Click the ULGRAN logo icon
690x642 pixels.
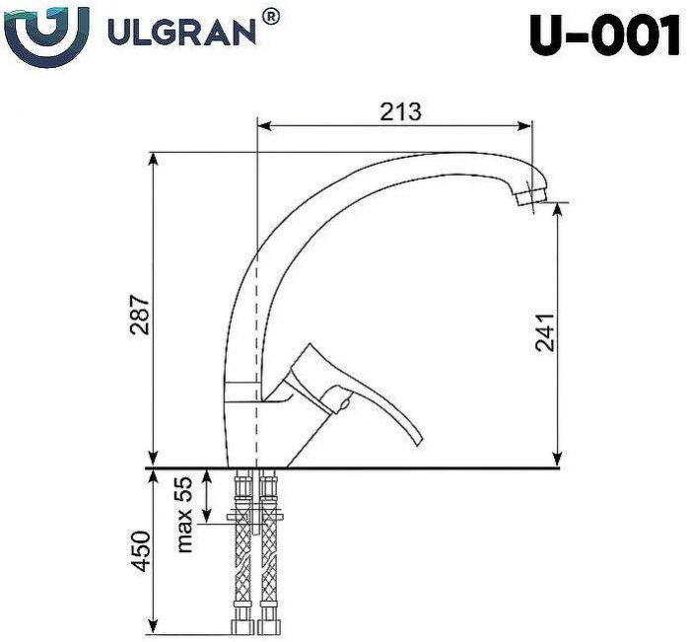pyautogui.click(x=46, y=33)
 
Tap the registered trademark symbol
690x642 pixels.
pyautogui.click(x=270, y=16)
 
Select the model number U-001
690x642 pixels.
pyautogui.click(x=603, y=36)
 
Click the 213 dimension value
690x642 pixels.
pyautogui.click(x=400, y=111)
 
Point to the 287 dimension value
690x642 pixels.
pyautogui.click(x=140, y=314)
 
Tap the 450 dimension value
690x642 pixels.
pyautogui.click(x=140, y=552)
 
